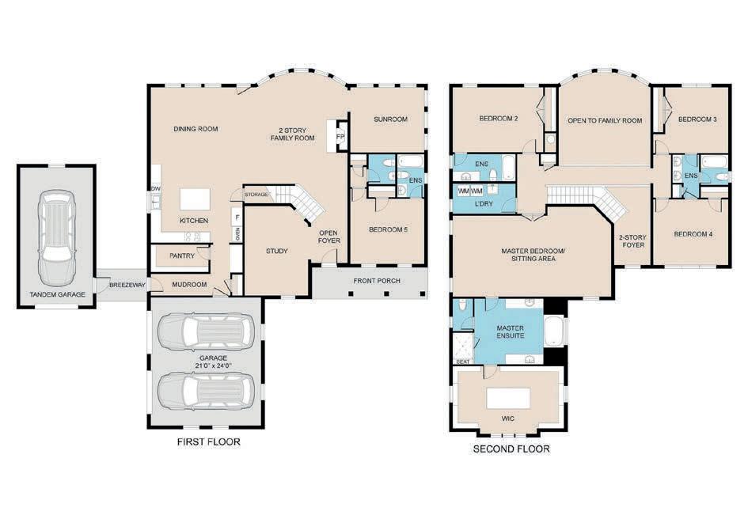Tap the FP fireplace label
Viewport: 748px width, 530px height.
tap(340, 138)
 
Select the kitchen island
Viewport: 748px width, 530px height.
tap(195, 199)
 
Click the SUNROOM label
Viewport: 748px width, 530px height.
tap(391, 119)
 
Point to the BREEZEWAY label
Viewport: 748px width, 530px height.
tap(127, 285)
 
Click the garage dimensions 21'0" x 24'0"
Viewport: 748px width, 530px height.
tap(213, 366)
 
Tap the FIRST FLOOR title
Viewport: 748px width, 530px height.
tap(208, 442)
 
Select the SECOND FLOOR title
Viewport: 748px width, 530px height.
tap(511, 449)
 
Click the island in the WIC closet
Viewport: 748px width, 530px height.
tap(508, 398)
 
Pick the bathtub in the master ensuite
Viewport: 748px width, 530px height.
tap(555, 332)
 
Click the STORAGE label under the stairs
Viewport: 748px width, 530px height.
tap(256, 195)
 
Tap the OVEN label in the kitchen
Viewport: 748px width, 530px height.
tap(237, 233)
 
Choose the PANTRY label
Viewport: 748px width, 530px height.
tap(182, 256)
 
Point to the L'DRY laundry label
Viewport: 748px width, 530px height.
tap(484, 204)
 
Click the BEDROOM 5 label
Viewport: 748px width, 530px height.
tap(389, 229)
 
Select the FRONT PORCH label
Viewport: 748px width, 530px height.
tap(377, 281)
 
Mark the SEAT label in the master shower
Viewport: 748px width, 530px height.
tap(463, 362)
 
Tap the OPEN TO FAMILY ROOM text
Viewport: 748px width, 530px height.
tap(605, 120)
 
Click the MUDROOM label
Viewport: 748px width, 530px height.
tap(189, 285)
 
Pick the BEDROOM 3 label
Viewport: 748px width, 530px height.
tap(697, 119)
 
